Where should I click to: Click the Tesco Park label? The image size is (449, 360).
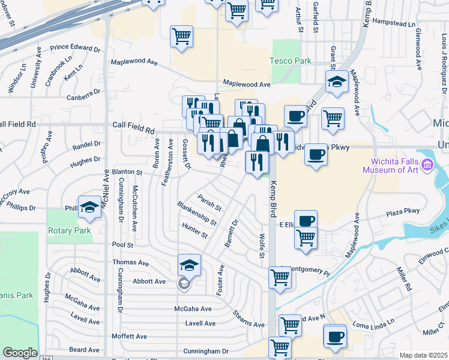pyautogui.click(x=290, y=61)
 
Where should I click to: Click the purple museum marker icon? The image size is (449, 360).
pyautogui.click(x=427, y=164)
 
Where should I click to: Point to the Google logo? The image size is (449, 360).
pyautogui.click(x=20, y=353)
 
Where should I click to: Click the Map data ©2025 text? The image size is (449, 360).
pyautogui.click(x=424, y=355)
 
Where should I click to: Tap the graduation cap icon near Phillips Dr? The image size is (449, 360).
pyautogui.click(x=89, y=207)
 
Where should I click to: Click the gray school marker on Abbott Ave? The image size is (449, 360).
pyautogui.click(x=185, y=283)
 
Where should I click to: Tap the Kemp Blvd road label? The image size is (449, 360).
pyautogui.click(x=273, y=199)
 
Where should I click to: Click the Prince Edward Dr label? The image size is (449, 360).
pyautogui.click(x=75, y=47)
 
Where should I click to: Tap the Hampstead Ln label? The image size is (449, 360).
pyautogui.click(x=394, y=25)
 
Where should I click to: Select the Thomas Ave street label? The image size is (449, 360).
pyautogui.click(x=131, y=263)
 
